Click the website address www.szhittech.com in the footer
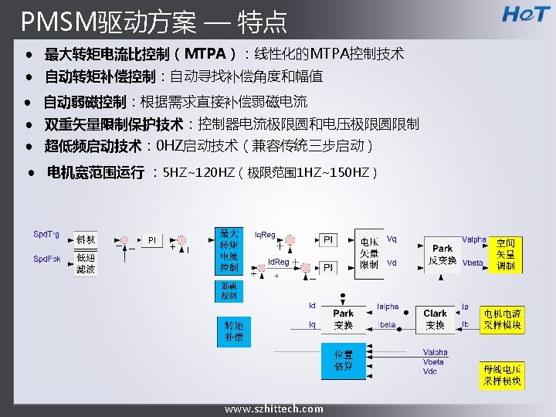coord(274,409)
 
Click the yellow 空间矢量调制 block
coord(504,254)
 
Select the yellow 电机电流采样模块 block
coord(502,319)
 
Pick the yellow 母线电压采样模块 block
coord(502,375)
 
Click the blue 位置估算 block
coord(344,361)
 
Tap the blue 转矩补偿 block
coord(234,332)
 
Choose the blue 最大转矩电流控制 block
coord(229,250)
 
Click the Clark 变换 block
coord(436,319)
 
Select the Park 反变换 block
coord(442,254)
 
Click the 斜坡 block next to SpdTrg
coord(86,239)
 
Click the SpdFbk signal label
coord(47,259)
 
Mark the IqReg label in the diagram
coord(265,234)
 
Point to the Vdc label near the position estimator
coord(430,371)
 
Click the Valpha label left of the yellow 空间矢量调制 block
coord(474,239)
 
